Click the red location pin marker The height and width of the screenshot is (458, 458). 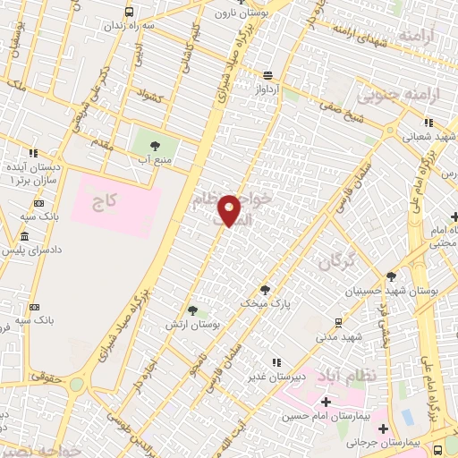[x=230, y=209]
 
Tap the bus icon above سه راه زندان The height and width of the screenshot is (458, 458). [x=130, y=13]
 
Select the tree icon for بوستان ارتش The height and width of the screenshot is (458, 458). [x=191, y=310]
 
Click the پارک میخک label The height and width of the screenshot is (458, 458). [x=259, y=304]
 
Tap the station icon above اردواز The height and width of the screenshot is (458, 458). [x=267, y=75]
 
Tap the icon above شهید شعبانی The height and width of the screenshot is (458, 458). [x=428, y=123]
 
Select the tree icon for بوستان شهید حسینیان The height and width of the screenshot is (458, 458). [x=391, y=276]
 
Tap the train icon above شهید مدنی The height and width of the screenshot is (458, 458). [x=337, y=323]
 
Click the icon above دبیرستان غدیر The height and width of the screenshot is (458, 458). [x=276, y=362]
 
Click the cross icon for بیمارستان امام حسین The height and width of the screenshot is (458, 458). [x=335, y=403]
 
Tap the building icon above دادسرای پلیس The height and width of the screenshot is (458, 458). [x=23, y=236]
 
